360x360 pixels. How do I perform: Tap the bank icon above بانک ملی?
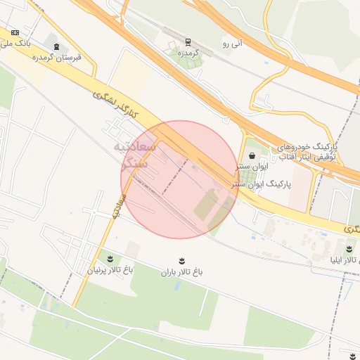pyautogui.click(x=15, y=32)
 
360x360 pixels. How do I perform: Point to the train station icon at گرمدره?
pyautogui.click(x=188, y=42)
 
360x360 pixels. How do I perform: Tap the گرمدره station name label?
pyautogui.click(x=188, y=53)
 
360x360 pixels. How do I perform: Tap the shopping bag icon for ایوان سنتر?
pyautogui.click(x=252, y=156)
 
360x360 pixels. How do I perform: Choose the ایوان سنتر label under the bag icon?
pyautogui.click(x=252, y=167)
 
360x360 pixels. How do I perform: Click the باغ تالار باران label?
pyautogui.click(x=181, y=273)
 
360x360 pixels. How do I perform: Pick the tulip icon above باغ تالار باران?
pyautogui.click(x=182, y=262)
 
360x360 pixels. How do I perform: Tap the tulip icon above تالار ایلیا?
pyautogui.click(x=349, y=249)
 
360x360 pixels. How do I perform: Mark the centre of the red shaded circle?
pyautogui.click(x=180, y=180)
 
